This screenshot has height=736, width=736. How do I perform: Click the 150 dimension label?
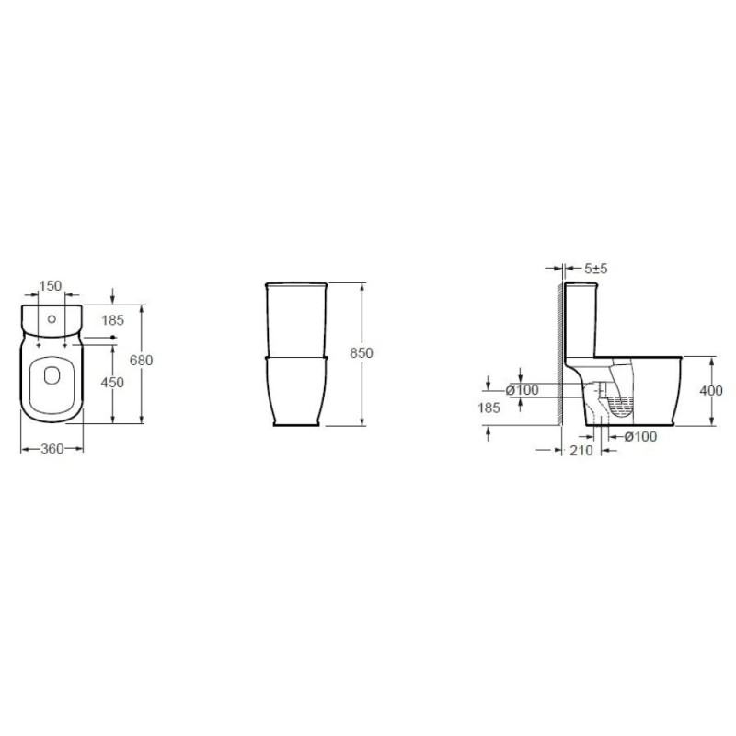(x=51, y=285)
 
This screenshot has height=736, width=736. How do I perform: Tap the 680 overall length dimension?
(x=142, y=360)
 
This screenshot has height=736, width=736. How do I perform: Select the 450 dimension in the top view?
(x=112, y=383)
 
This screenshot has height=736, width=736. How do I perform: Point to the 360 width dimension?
(x=52, y=449)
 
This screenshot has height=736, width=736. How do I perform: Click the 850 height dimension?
(x=362, y=352)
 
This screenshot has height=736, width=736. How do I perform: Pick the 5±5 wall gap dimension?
(x=596, y=269)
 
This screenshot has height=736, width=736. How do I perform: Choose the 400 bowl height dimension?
(x=711, y=390)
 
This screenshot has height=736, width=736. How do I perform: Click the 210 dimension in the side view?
(x=581, y=450)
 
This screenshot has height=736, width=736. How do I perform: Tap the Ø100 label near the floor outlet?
(x=640, y=436)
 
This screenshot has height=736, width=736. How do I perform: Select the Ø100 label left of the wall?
(x=523, y=390)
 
